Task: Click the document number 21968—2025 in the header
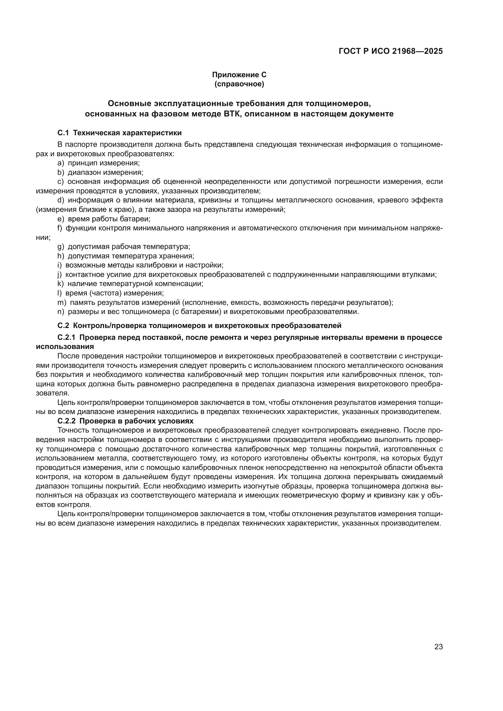417,51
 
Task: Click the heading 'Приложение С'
239,75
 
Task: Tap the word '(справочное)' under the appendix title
239,84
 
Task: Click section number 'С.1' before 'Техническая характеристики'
63,133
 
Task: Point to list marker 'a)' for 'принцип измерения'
61,163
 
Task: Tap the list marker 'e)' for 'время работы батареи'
61,219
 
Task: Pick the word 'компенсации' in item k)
183,284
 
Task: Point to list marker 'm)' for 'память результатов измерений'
62,302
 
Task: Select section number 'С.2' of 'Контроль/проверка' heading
63,326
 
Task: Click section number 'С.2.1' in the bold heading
66,337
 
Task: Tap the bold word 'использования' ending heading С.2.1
65,346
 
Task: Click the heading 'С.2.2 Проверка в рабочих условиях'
125,421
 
